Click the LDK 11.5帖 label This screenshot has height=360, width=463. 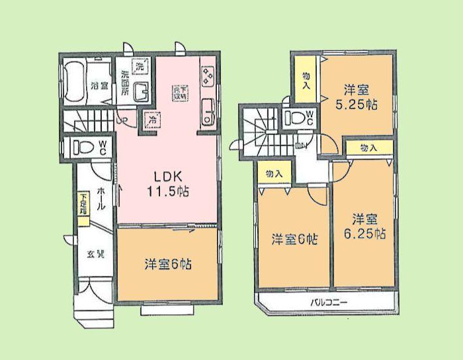point(171,183)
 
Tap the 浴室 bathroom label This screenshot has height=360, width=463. point(99,85)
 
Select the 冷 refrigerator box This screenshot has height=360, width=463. point(152,120)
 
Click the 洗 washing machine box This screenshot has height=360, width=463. point(138,65)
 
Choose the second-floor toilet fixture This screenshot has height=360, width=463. point(296,119)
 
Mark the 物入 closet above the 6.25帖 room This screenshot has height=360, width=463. point(369,148)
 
